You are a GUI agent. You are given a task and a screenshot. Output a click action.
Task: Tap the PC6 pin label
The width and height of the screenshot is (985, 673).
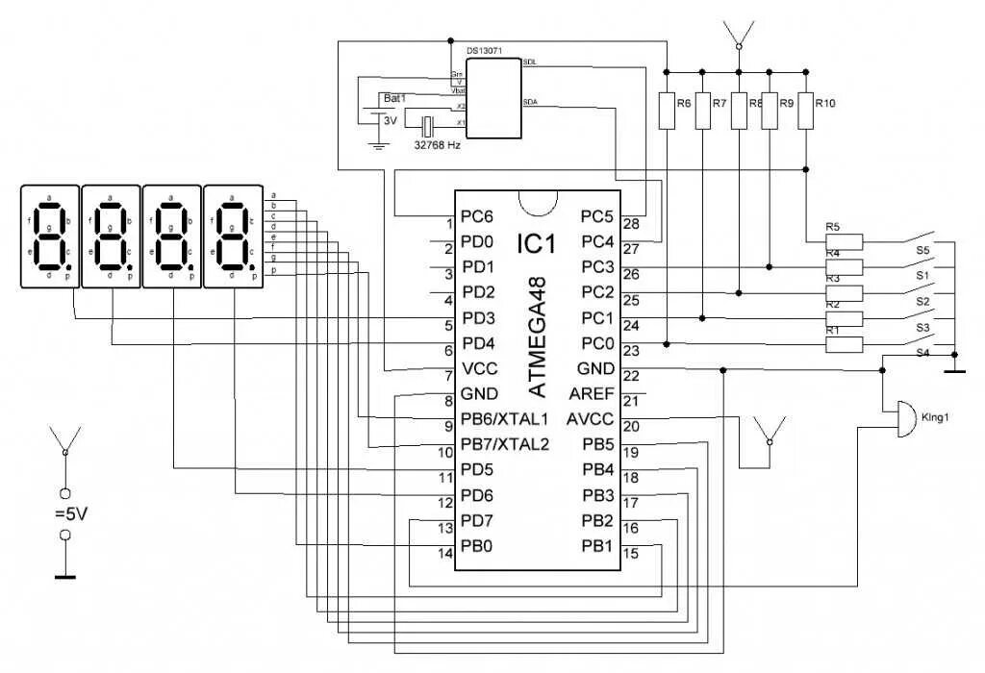tap(477, 215)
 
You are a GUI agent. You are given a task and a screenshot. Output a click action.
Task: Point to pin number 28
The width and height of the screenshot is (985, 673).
tap(631, 224)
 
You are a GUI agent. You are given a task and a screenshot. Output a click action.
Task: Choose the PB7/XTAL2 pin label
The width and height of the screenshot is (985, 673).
tap(504, 444)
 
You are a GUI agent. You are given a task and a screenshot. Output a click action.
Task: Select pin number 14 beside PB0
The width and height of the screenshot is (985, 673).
tap(444, 554)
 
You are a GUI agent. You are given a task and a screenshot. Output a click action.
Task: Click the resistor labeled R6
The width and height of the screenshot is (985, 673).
tap(667, 111)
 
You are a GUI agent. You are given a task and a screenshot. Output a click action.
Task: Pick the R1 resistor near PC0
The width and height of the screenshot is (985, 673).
tap(846, 343)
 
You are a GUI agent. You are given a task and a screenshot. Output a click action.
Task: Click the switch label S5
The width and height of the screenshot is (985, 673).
tap(922, 250)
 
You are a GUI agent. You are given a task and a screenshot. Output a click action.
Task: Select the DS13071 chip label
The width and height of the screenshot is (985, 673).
tap(485, 50)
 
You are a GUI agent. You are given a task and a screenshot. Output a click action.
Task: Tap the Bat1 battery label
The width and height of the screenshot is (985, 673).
tap(394, 98)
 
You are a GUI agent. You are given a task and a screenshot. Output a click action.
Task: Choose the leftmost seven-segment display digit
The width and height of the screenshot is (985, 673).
tap(49, 236)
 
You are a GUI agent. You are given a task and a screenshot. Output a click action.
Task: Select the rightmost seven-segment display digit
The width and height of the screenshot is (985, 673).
tap(233, 236)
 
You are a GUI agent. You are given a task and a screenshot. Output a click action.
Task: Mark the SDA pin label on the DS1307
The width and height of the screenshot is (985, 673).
tap(530, 101)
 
